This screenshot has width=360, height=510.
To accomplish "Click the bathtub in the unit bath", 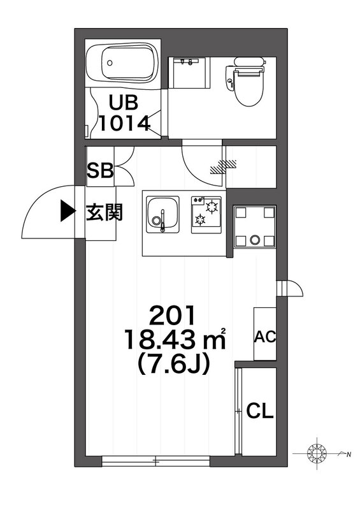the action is (122, 63).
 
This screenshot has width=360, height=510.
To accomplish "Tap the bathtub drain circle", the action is (110, 62).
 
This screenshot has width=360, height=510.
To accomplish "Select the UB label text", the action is (123, 102).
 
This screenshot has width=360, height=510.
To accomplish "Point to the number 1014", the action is (124, 123).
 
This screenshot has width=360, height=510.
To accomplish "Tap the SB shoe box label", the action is (100, 170).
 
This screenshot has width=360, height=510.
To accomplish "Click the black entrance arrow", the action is (68, 211).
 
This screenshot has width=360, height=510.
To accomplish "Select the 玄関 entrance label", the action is (104, 212).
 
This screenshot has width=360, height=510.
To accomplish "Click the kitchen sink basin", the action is (162, 214).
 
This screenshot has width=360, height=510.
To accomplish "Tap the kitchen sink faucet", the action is (162, 221).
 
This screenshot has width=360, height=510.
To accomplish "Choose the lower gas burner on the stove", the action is (199, 220).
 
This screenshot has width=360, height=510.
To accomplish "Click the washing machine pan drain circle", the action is (254, 240).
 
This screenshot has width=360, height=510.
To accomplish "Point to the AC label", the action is (264, 337).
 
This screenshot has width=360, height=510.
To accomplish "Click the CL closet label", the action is (259, 411).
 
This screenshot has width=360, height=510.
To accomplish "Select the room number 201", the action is (173, 315).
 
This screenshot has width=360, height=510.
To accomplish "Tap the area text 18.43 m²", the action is (175, 339).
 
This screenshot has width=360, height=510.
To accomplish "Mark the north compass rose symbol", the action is (317, 453).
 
